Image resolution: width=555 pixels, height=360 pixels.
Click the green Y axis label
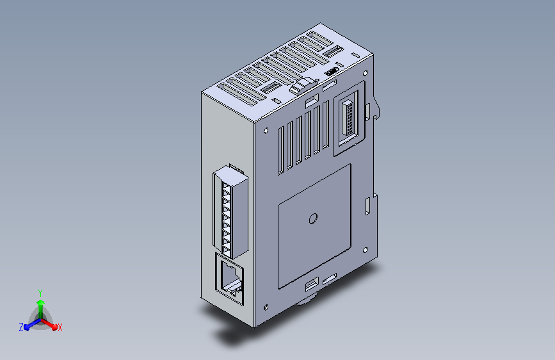40,291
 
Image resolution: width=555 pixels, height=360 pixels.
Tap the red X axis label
60,328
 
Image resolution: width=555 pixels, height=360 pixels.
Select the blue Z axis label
21,327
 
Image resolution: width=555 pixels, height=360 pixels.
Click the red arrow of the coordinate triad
51,325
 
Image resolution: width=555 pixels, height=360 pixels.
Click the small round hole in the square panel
313,219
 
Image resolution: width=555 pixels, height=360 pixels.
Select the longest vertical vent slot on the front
280,151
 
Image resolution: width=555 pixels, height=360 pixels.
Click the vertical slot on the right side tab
367,206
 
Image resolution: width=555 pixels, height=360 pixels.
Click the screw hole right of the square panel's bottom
364,250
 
